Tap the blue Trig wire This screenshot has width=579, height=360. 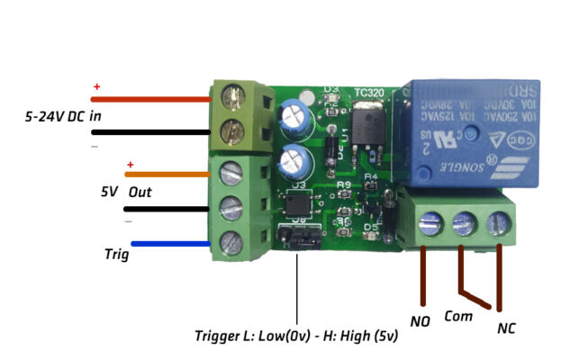coord(171,243)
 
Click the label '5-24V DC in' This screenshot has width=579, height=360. coord(62,117)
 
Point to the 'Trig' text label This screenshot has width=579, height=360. coord(114,255)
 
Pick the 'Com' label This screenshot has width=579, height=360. coord(458,317)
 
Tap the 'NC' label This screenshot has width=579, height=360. coord(507,328)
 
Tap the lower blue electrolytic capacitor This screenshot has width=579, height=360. coord(294,162)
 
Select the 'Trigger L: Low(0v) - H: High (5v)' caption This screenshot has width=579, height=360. coord(296,337)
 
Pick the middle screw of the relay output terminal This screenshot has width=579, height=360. coord(463,221)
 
